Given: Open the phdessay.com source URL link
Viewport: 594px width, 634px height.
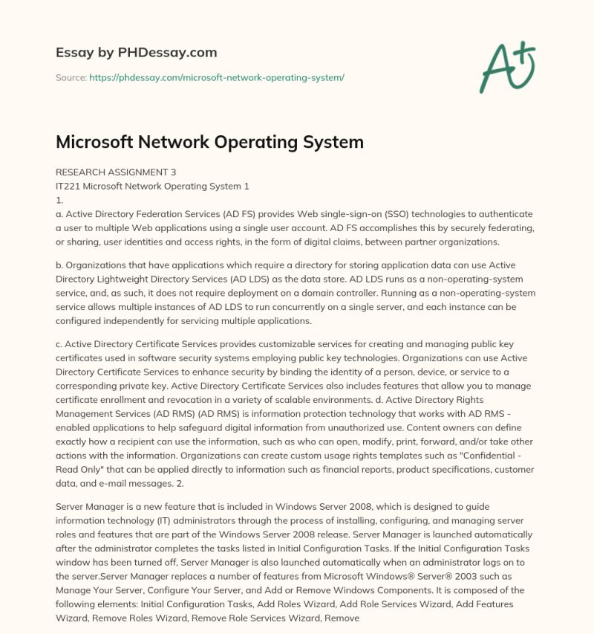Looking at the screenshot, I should click(217, 77).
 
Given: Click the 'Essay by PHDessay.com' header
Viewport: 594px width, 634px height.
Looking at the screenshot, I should click(136, 53).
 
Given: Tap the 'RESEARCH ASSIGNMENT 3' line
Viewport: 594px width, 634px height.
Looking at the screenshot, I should click(116, 172).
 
